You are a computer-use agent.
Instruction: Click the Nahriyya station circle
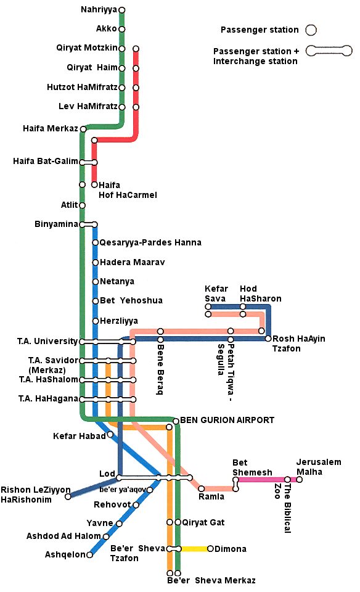click(x=121, y=10)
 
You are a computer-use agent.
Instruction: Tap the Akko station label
click(x=107, y=29)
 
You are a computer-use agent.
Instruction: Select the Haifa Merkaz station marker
click(x=83, y=129)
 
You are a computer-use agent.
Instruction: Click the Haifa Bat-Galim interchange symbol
click(x=88, y=162)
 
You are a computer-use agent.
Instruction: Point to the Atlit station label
click(x=69, y=205)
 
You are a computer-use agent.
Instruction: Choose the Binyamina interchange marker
click(x=88, y=224)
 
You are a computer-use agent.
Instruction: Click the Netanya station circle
click(x=95, y=282)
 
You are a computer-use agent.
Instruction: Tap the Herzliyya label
click(x=118, y=321)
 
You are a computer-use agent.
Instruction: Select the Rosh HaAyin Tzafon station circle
click(x=268, y=339)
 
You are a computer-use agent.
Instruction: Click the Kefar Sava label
click(x=216, y=294)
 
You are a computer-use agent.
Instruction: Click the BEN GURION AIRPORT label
click(x=227, y=421)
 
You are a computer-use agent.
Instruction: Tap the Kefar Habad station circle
click(x=110, y=435)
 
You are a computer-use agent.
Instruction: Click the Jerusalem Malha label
click(x=318, y=467)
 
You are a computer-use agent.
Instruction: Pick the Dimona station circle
click(x=211, y=549)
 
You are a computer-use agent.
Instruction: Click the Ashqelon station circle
click(x=89, y=554)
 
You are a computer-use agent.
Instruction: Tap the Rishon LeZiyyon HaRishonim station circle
click(x=68, y=496)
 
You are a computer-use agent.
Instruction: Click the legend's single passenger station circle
click(x=311, y=30)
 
